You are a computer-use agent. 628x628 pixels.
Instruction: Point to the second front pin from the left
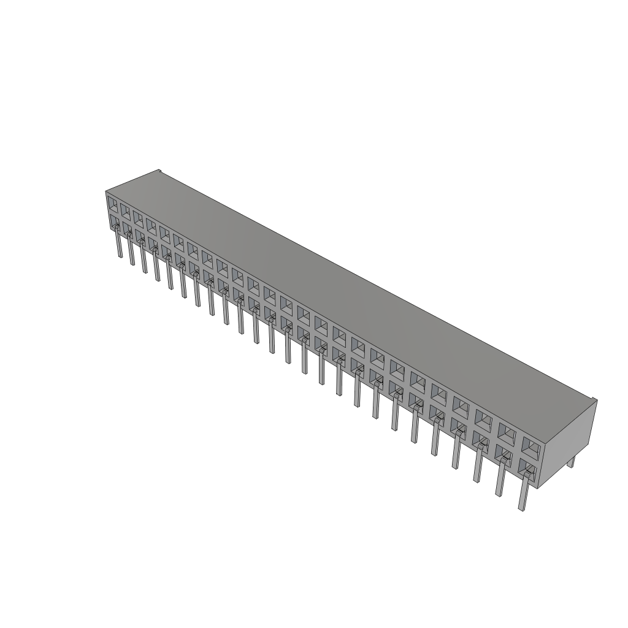[x=131, y=251]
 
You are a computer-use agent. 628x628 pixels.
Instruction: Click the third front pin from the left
[x=144, y=259]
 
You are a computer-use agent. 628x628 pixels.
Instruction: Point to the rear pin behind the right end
[x=571, y=461]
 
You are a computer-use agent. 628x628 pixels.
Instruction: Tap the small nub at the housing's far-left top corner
[x=158, y=171]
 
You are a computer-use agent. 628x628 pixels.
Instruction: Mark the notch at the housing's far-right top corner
[x=594, y=400]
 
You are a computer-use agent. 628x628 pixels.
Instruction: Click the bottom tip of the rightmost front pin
[x=522, y=508]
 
